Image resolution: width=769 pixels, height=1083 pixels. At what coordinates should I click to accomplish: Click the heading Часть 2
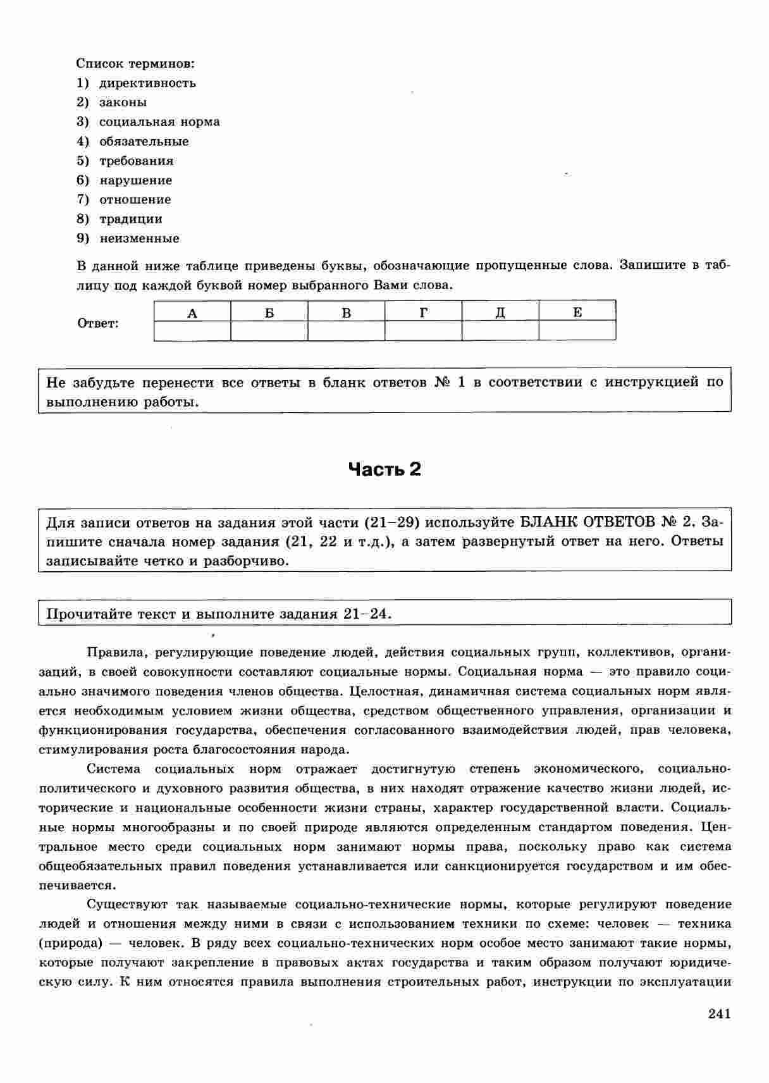tap(384, 469)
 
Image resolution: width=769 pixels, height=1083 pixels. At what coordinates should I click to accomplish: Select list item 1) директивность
tap(137, 83)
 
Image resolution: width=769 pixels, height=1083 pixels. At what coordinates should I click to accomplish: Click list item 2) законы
tap(112, 102)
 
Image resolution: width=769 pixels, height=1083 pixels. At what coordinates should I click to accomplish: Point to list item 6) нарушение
tap(125, 180)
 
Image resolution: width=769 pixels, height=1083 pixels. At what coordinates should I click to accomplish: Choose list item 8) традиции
tap(120, 219)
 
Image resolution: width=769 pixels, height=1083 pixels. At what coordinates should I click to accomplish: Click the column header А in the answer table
tap(192, 312)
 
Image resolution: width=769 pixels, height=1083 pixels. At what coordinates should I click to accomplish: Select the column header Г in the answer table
tap(423, 312)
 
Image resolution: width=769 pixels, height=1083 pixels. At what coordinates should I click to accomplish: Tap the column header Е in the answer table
tap(577, 312)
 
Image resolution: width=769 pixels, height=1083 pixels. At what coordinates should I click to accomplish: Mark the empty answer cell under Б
tap(269, 331)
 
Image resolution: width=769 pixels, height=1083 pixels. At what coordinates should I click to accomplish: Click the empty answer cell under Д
tap(500, 331)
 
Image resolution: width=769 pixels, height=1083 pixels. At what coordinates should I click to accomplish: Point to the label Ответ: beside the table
tap(98, 324)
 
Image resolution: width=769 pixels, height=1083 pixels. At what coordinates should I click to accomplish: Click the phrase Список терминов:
tap(135, 64)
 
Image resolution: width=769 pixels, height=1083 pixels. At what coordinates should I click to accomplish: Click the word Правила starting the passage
tap(116, 652)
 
